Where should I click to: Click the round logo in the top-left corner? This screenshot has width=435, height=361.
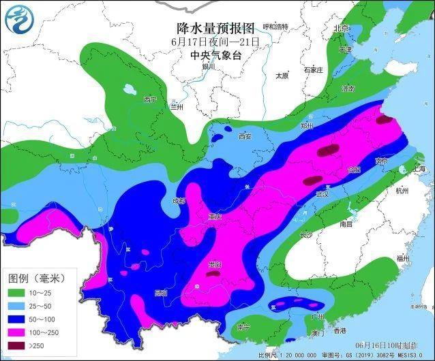[x=19, y=19]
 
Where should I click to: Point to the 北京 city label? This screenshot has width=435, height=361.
[x=340, y=28]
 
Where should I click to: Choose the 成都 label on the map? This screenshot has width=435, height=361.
[x=179, y=201]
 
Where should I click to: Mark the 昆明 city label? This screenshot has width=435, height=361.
[x=161, y=293]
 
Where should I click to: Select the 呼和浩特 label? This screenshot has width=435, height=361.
[x=275, y=27]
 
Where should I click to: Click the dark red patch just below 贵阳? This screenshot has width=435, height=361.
[x=214, y=273]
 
